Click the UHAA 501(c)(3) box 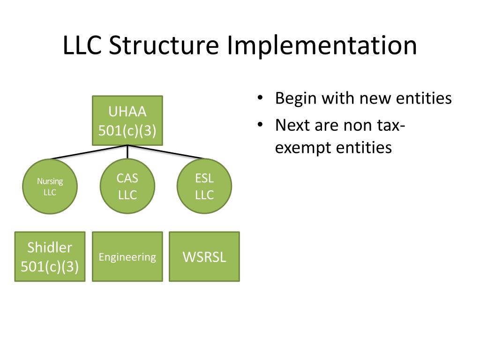click(127, 120)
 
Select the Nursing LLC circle click(50, 187)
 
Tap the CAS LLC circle click(127, 187)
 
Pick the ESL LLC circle click(204, 187)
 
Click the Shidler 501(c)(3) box click(50, 256)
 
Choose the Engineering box click(127, 256)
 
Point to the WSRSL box click(204, 256)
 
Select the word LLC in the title click(82, 45)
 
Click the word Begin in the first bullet click(295, 98)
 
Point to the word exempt click(303, 148)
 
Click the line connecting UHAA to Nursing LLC click(89, 152)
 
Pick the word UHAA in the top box click(127, 112)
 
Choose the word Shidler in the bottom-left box click(50, 247)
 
